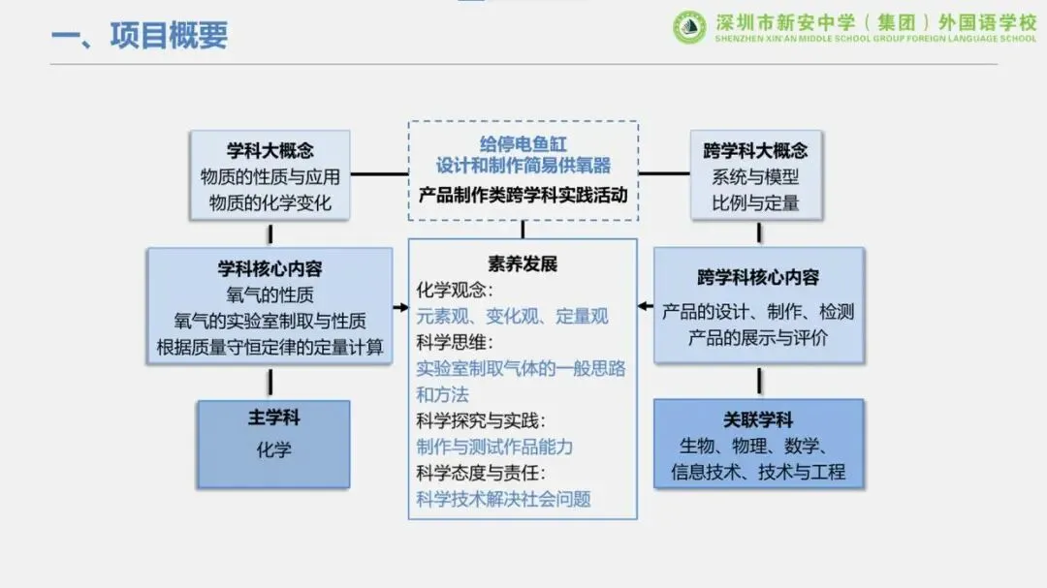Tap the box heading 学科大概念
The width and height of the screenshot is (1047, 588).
[x=270, y=151]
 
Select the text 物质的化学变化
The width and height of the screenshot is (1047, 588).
[x=270, y=202]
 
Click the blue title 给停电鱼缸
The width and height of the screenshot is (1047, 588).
[x=523, y=144]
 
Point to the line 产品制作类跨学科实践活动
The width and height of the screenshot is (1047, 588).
[x=523, y=194]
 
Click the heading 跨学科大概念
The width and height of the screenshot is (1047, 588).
[x=755, y=151]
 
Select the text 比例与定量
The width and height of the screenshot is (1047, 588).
[x=755, y=202]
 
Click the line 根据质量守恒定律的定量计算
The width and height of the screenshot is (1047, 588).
[x=270, y=347]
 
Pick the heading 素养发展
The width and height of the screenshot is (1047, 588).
[x=523, y=264]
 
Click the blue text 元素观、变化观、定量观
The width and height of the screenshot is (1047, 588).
[x=513, y=316]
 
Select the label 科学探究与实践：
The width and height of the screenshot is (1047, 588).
[x=481, y=420]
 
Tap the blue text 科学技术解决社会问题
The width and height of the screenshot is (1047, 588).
[x=503, y=500]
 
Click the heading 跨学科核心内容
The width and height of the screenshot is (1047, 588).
[x=758, y=278]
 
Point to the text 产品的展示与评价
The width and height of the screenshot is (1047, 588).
[x=758, y=339]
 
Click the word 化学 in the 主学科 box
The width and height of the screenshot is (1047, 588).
[x=273, y=449]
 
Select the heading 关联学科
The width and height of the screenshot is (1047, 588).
[x=758, y=420]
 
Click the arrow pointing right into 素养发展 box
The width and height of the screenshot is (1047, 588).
[x=400, y=308]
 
